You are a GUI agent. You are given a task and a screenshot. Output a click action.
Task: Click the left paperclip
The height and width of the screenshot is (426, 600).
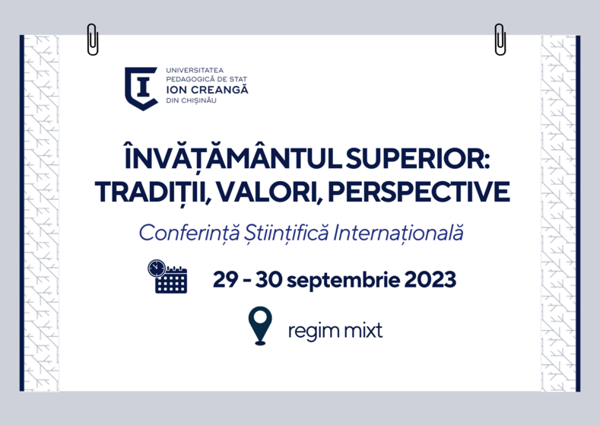pos(93,40)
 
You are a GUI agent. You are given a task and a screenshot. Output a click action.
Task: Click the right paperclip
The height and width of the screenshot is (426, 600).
pos(500,40)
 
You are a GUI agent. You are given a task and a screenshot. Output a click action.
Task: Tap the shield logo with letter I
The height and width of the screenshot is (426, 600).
pos(141,89)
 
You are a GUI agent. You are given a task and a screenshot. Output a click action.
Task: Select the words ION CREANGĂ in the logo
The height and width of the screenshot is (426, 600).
pos(207,90)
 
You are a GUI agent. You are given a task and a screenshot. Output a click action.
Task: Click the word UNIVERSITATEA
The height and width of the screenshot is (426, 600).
pos(195,71)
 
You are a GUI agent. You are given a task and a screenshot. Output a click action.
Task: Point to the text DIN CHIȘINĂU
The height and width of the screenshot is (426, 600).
pos(192,100)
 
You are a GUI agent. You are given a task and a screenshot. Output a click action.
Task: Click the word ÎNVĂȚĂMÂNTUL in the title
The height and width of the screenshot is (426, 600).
pos(233,157)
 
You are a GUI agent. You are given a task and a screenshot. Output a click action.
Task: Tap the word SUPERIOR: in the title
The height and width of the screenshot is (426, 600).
pos(417,159)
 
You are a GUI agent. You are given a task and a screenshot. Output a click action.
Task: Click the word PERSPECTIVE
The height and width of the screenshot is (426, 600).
pos(418,192)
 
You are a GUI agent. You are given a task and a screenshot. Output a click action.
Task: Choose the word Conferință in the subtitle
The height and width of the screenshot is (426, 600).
pos(189,233)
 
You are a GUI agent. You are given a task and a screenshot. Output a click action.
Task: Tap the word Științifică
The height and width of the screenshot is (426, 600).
pos(286,233)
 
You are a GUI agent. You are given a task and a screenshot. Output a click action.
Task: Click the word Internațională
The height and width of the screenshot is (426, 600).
pos(398,233)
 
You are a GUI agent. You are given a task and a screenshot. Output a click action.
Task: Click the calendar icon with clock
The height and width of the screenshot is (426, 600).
pos(167,276)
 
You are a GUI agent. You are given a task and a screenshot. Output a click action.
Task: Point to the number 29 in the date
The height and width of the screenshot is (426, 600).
pos(225,279)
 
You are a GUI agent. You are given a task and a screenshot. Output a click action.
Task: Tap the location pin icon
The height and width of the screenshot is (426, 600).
pos(260,326)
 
